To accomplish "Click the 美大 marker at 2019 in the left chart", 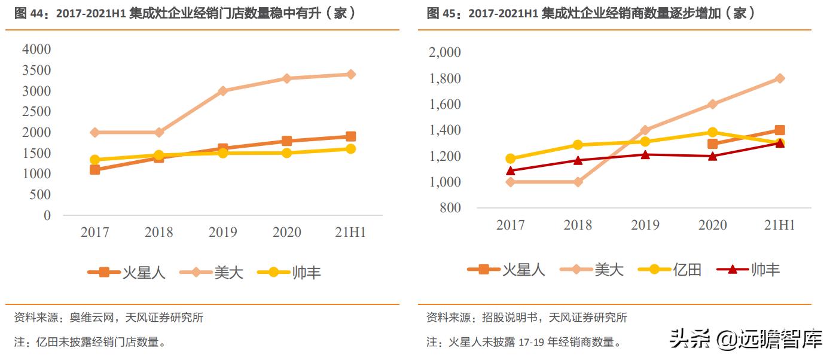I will (222, 91).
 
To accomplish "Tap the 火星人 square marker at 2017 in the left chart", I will (94, 170).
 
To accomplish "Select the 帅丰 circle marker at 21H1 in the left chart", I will (350, 149).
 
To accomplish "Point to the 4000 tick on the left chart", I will (36, 50).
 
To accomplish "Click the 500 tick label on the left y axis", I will (40, 194).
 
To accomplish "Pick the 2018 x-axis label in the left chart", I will (158, 232).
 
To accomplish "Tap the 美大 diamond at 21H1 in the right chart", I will (780, 78).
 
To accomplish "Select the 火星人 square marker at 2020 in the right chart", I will (712, 144).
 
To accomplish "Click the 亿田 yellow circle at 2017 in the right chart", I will (510, 158).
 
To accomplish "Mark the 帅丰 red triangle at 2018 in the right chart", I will (578, 160).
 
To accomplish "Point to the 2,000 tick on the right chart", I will (445, 53).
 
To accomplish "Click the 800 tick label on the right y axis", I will (450, 208).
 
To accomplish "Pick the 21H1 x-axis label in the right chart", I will (780, 225).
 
